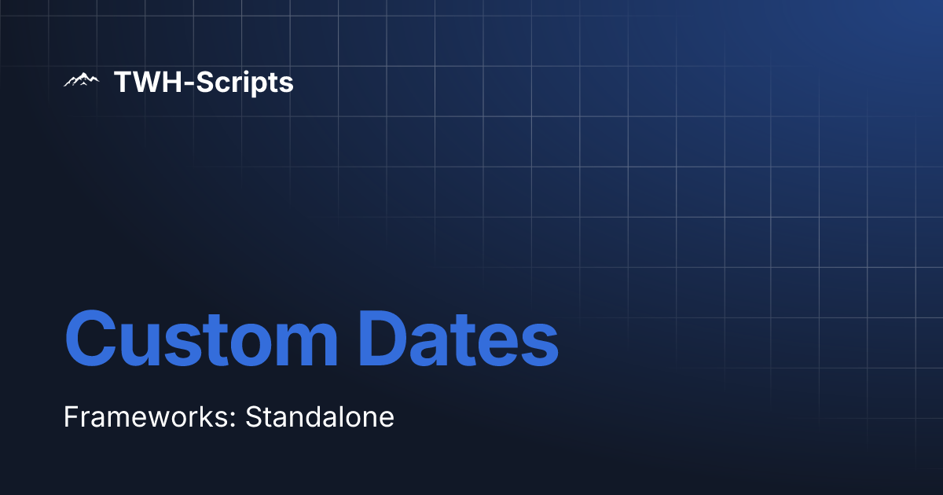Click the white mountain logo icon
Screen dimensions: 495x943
(81, 80)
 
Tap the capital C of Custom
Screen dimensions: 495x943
(90, 341)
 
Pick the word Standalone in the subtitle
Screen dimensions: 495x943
(320, 416)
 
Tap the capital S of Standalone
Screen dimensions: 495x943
(254, 416)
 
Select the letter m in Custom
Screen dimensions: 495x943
(306, 346)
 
